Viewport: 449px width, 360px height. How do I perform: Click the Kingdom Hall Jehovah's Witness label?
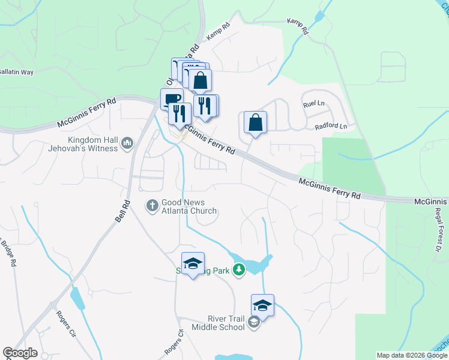pos(92,143)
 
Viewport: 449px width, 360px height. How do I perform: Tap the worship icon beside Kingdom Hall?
pos(127,143)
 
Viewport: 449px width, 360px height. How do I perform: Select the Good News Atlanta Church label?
pos(189,206)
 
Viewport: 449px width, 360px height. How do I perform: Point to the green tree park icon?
pos(240,270)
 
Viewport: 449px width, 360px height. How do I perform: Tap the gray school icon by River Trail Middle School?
pos(254,323)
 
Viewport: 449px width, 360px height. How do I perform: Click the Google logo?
pos(20,353)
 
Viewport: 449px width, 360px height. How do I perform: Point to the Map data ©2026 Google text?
pos(411,355)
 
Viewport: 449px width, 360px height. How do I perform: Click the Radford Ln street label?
pos(331,127)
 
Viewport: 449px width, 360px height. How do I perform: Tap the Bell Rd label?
pos(123,209)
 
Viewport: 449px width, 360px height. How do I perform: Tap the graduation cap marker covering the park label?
pos(193,263)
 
